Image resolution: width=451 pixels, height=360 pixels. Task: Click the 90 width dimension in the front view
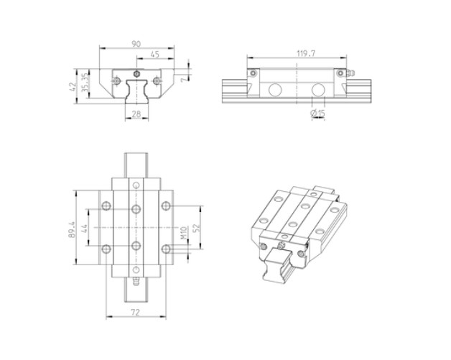pos(136,45)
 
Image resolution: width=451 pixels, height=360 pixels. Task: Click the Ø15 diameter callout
pos(317,114)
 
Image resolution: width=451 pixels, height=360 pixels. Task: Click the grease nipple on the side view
pos(350,73)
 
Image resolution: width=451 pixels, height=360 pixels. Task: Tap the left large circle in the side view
pos(275,91)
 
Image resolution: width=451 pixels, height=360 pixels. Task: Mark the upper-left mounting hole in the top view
pos(106,206)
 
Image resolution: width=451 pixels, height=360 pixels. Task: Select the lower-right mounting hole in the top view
pos(166,249)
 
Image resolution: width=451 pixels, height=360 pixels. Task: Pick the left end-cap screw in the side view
pos(252,72)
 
